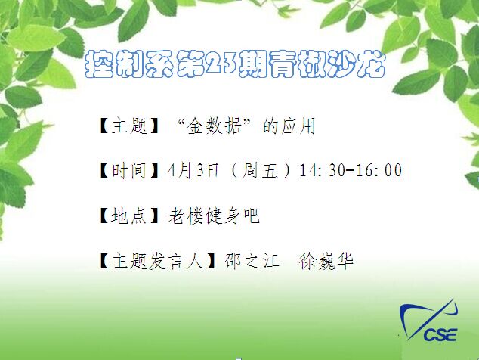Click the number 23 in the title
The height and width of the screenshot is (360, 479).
(x=221, y=64)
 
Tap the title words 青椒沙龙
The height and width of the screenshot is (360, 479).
(x=328, y=64)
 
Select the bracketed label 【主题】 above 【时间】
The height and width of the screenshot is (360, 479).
(x=129, y=126)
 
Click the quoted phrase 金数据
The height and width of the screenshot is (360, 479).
(x=215, y=126)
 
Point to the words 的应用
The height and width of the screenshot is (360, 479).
(x=289, y=126)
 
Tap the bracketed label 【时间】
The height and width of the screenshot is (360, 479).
(x=129, y=170)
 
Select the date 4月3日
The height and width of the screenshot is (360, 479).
(x=193, y=170)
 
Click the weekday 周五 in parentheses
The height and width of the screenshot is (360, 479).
(x=260, y=170)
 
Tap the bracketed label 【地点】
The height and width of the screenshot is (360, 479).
(x=129, y=216)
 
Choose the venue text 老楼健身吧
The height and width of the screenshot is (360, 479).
(x=213, y=216)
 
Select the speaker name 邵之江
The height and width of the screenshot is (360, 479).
(x=252, y=261)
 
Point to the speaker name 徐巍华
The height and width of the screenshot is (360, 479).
(x=326, y=261)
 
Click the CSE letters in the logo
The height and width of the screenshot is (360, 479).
(x=440, y=334)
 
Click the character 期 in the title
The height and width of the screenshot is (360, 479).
(x=252, y=64)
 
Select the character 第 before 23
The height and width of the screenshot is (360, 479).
(x=190, y=64)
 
